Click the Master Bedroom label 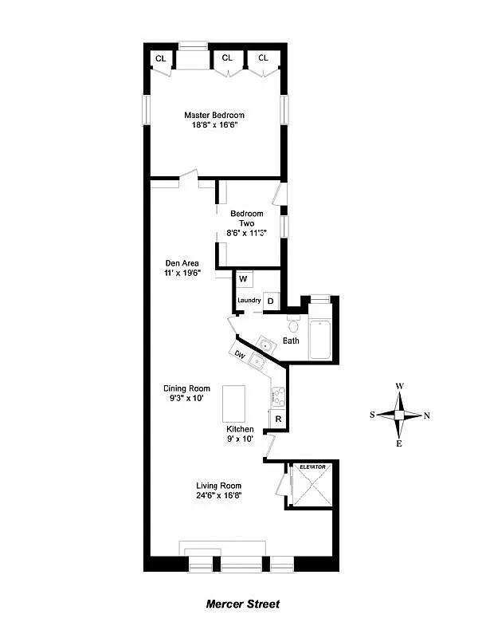(214, 115)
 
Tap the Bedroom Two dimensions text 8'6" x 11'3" (246, 233)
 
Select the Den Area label (182, 262)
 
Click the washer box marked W (244, 279)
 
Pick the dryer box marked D (270, 301)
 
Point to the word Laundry (249, 301)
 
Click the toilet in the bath (292, 325)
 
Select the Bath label (291, 341)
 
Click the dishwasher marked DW (238, 353)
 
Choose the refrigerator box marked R (278, 419)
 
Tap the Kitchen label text (240, 429)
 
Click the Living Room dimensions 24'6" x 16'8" (218, 495)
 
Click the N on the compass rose (427, 415)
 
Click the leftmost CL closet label (160, 58)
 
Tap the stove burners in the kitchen (278, 394)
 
